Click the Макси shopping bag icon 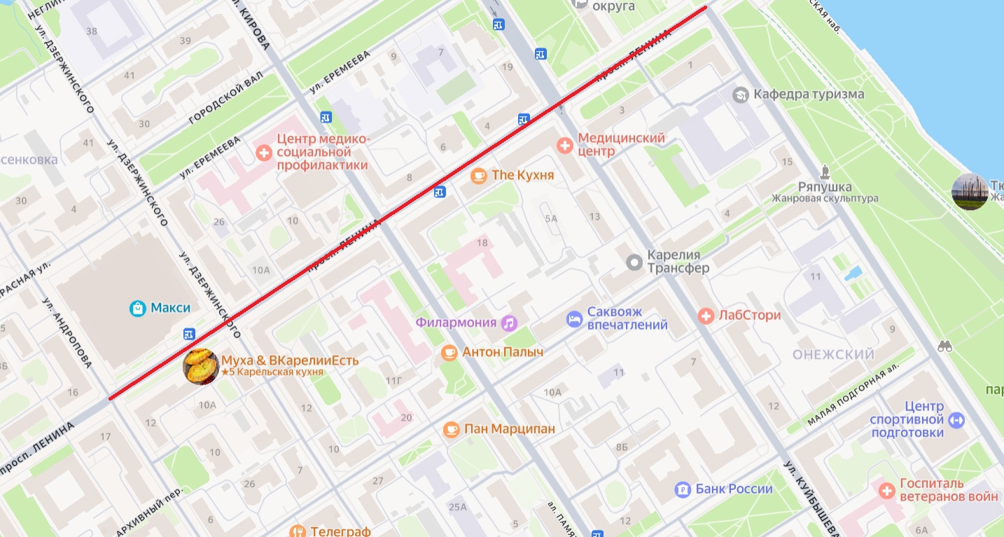click(138, 308)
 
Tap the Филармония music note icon click(509, 323)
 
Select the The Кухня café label click(522, 175)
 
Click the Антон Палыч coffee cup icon click(449, 352)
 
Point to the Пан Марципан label click(509, 428)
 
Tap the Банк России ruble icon click(683, 489)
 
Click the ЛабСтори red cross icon click(706, 316)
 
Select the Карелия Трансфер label click(678, 261)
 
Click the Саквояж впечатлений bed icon click(574, 319)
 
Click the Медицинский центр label click(621, 144)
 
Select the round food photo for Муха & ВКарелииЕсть click(201, 366)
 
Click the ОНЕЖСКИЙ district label click(833, 355)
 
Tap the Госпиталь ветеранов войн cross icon click(887, 490)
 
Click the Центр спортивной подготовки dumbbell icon click(957, 420)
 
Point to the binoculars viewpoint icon click(945, 346)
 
